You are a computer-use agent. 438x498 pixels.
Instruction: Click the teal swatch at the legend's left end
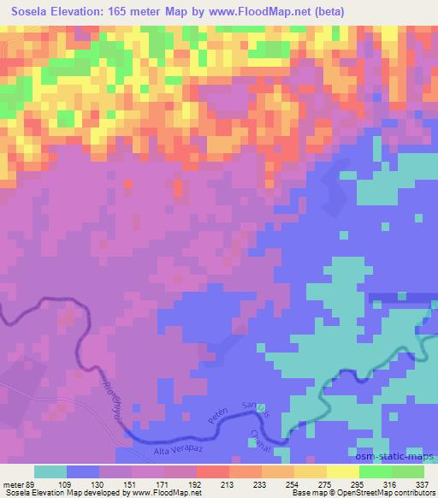(50, 471)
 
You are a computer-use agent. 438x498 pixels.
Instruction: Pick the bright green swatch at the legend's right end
(408, 471)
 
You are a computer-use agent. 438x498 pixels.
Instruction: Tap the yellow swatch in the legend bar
(343, 471)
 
